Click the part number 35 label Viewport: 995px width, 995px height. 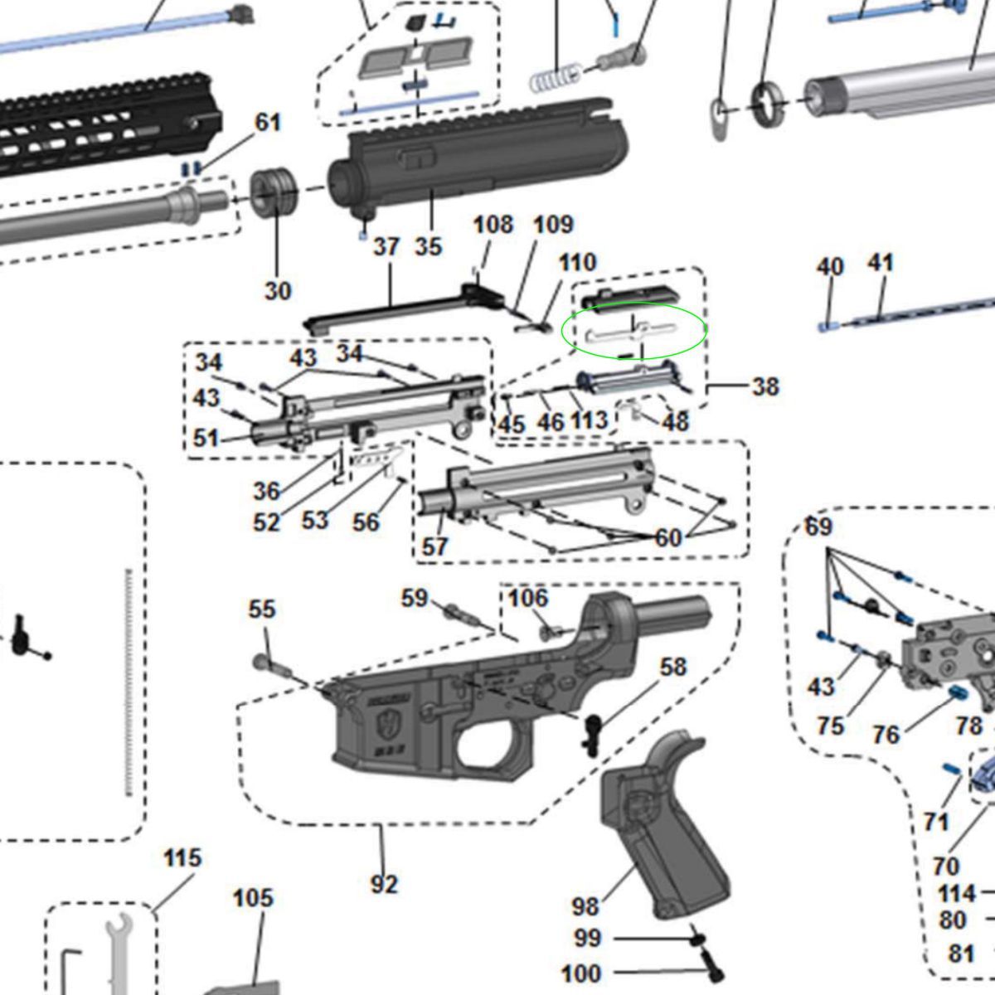click(428, 246)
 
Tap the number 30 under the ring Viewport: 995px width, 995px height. click(279, 290)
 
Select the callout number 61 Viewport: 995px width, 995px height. click(267, 123)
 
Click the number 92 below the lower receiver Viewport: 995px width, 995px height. click(384, 885)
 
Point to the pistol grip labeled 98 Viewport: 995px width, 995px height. click(663, 829)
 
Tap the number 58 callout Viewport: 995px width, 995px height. click(672, 667)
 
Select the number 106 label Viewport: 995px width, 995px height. click(528, 597)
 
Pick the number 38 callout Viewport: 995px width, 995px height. click(764, 386)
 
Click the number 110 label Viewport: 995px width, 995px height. click(577, 262)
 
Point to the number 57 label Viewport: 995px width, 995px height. click(434, 546)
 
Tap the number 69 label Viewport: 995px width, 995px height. click(818, 527)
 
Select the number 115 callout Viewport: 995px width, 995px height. click(182, 857)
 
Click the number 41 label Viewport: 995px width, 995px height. click(881, 264)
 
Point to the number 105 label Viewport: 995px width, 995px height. click(253, 898)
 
